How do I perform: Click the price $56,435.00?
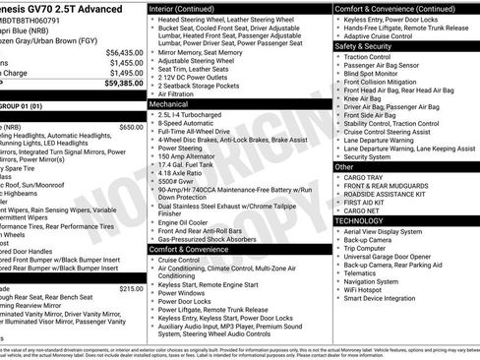tap(123, 52)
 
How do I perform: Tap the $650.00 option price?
tap(131, 127)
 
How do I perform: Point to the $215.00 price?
tap(131, 288)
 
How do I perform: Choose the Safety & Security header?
tap(363, 45)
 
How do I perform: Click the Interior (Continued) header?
tap(189, 7)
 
